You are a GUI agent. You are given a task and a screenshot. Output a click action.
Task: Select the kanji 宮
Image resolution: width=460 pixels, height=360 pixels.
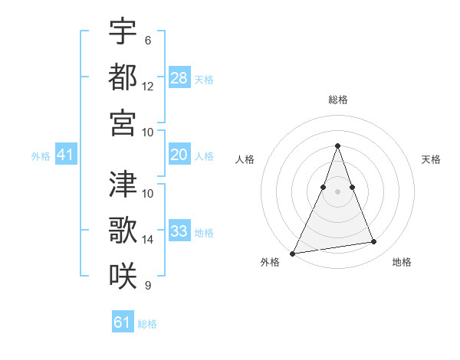tap(123, 122)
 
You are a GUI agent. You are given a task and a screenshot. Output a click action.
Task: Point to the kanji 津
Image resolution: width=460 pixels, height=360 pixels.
tap(123, 183)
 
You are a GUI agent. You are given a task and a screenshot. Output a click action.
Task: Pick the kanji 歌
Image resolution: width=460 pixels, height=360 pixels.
tap(123, 229)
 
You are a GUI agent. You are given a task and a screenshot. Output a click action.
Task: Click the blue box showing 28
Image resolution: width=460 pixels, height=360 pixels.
tap(179, 77)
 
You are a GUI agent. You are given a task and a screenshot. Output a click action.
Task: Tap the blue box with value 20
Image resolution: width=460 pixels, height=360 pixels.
tap(179, 155)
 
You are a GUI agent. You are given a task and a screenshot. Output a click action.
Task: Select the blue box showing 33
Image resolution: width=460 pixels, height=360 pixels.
tap(179, 231)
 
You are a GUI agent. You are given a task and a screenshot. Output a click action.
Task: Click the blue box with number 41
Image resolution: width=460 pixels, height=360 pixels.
tap(66, 155)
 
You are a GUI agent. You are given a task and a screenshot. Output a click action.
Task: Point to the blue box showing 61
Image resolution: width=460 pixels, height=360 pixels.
tap(123, 322)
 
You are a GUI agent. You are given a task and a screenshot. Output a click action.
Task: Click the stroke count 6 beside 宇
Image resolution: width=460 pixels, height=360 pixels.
tap(147, 40)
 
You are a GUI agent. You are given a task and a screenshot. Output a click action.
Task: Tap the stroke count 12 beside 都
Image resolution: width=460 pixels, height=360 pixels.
tap(148, 86)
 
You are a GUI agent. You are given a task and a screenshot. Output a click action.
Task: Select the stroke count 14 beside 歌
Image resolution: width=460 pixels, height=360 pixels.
tap(148, 239)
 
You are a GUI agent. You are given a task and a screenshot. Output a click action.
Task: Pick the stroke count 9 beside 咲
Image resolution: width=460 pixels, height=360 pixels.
tap(147, 286)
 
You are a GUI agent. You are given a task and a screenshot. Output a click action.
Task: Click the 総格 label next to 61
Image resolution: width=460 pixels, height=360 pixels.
tap(147, 324)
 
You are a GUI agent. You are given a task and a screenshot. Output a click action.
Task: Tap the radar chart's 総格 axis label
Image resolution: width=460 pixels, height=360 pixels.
tap(337, 100)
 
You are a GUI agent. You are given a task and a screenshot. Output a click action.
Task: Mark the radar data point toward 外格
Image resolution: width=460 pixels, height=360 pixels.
tap(293, 253)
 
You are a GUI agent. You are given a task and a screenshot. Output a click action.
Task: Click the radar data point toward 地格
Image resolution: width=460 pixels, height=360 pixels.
tap(374, 242)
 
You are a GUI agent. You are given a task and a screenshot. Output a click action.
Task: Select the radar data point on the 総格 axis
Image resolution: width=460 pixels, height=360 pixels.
tap(337, 146)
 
